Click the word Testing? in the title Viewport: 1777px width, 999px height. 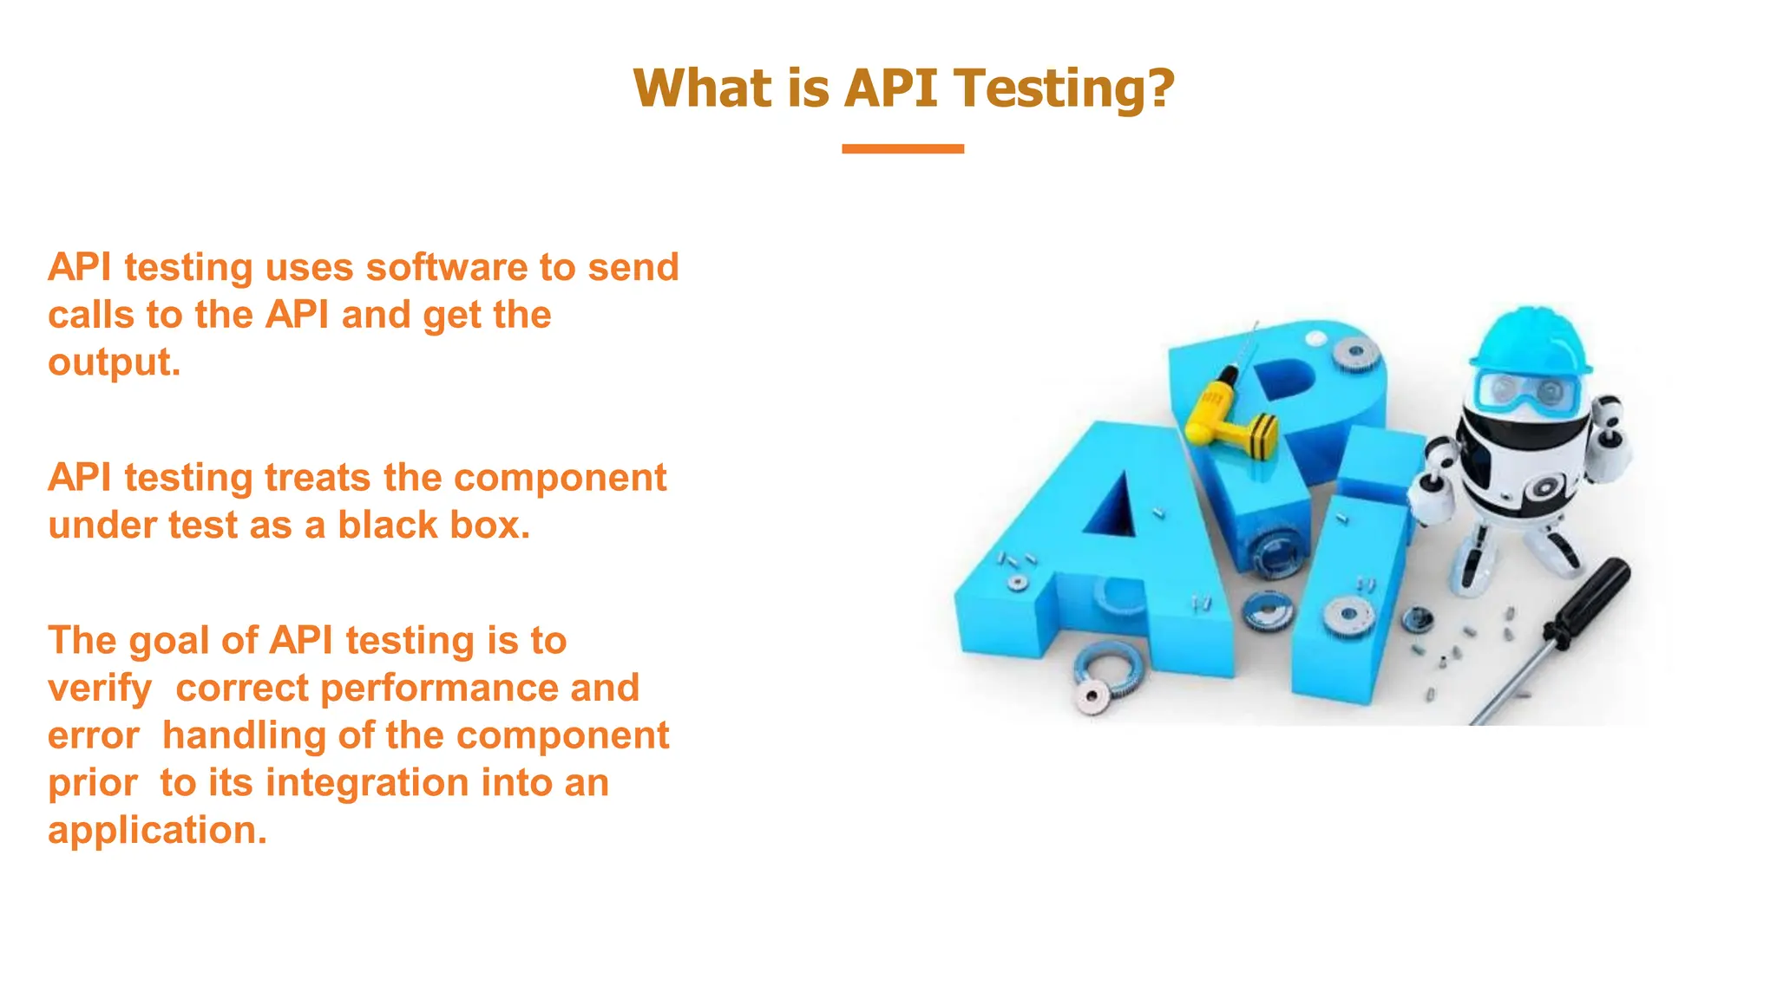(1064, 88)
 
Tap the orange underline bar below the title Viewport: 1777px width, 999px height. (902, 149)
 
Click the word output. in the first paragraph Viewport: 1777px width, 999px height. (115, 362)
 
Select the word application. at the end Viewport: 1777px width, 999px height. (157, 831)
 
